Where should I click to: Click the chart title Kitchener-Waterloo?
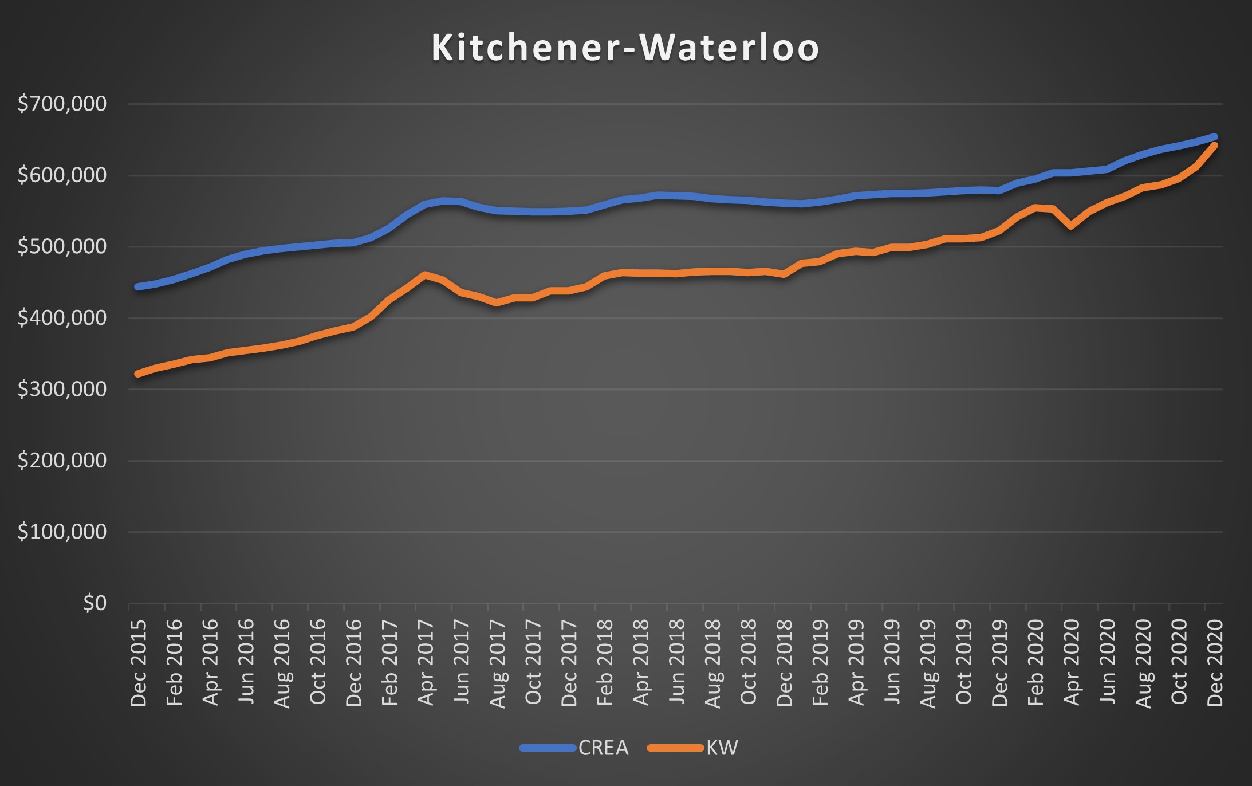(625, 48)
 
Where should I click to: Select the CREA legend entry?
(603, 748)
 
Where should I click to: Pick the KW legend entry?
(722, 748)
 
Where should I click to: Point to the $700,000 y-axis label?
(62, 104)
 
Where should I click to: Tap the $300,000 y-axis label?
(62, 389)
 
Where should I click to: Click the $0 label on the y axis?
(95, 603)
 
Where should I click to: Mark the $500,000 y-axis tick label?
(62, 246)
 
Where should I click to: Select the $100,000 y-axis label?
(62, 532)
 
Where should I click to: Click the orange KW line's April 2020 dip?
(1071, 227)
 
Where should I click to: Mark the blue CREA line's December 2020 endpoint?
(1214, 137)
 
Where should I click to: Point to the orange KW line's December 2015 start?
(138, 374)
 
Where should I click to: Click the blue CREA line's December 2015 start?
(138, 286)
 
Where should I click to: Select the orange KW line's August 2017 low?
(497, 302)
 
